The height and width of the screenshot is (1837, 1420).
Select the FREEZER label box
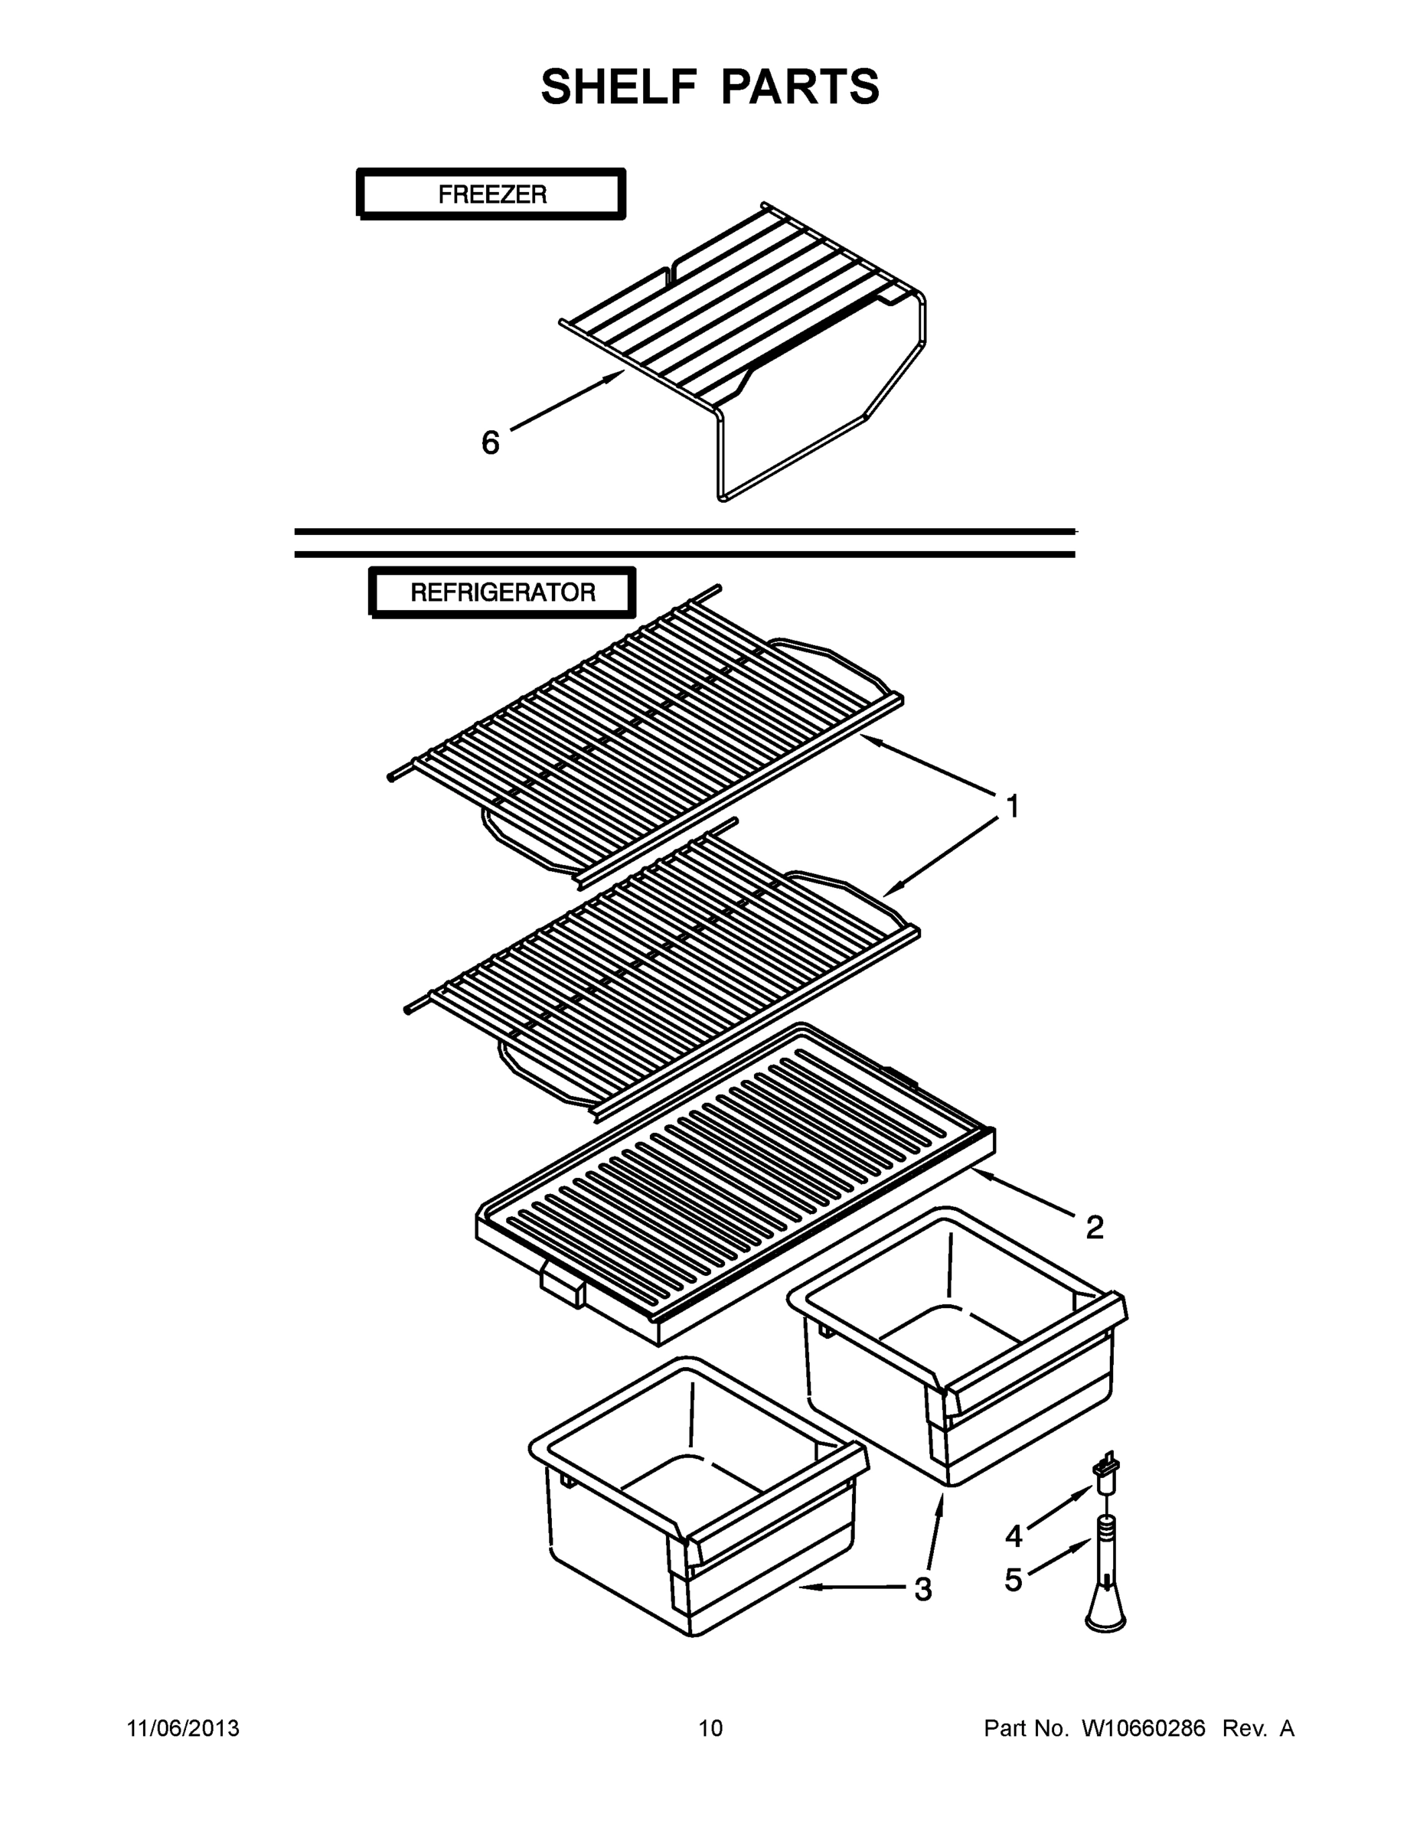(491, 194)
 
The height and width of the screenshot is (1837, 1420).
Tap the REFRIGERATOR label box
(502, 592)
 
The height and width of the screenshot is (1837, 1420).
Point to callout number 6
(490, 442)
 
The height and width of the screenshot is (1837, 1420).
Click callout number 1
(1013, 806)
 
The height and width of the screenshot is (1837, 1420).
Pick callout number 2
(1094, 1227)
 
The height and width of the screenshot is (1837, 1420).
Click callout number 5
(1014, 1580)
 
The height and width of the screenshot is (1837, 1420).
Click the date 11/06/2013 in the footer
(184, 1728)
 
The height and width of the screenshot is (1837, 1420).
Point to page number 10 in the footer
(710, 1728)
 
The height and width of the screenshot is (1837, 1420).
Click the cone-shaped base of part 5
(1105, 1610)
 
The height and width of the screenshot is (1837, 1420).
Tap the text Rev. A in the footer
(1258, 1728)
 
